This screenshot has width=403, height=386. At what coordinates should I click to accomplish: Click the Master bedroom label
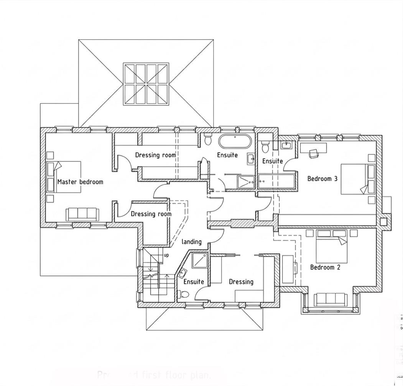(80, 182)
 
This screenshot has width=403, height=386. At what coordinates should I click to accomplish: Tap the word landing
(191, 242)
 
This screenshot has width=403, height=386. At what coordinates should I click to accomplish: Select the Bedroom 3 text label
(322, 178)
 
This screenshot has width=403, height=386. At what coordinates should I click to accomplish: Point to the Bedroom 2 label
(325, 267)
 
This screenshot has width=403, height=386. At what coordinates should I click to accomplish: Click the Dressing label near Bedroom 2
(241, 282)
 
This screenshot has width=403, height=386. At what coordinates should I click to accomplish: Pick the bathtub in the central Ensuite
(235, 142)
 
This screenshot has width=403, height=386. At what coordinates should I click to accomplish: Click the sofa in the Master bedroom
(82, 214)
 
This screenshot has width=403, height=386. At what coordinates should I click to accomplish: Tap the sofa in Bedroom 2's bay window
(331, 299)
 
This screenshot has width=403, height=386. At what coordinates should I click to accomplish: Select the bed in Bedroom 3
(357, 178)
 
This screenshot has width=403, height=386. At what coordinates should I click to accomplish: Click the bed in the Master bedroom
(64, 177)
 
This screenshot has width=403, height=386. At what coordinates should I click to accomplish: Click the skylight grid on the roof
(146, 84)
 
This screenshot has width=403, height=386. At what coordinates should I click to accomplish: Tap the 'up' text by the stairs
(166, 255)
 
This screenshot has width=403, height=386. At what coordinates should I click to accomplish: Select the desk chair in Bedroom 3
(314, 153)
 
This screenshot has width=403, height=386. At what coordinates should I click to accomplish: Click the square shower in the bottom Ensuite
(199, 262)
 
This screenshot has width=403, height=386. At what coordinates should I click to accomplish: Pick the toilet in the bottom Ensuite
(183, 294)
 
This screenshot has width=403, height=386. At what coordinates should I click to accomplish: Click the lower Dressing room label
(151, 214)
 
